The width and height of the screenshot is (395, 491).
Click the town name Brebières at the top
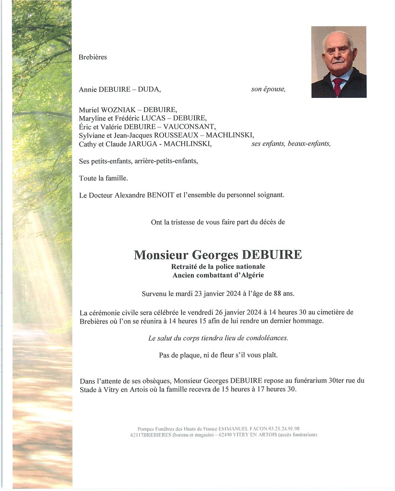pyautogui.click(x=93, y=57)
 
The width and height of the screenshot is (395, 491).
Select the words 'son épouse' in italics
pyautogui.click(x=268, y=89)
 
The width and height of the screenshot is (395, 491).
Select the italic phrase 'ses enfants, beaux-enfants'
pyautogui.click(x=291, y=144)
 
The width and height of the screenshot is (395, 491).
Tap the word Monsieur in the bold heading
pyautogui.click(x=161, y=255)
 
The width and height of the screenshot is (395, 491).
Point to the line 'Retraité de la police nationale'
pyautogui.click(x=218, y=267)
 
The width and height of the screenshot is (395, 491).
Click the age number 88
pyautogui.click(x=277, y=294)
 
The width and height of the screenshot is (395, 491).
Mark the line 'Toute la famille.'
pyautogui.click(x=103, y=178)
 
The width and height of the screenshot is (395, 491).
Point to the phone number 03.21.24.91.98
pyautogui.click(x=284, y=428)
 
